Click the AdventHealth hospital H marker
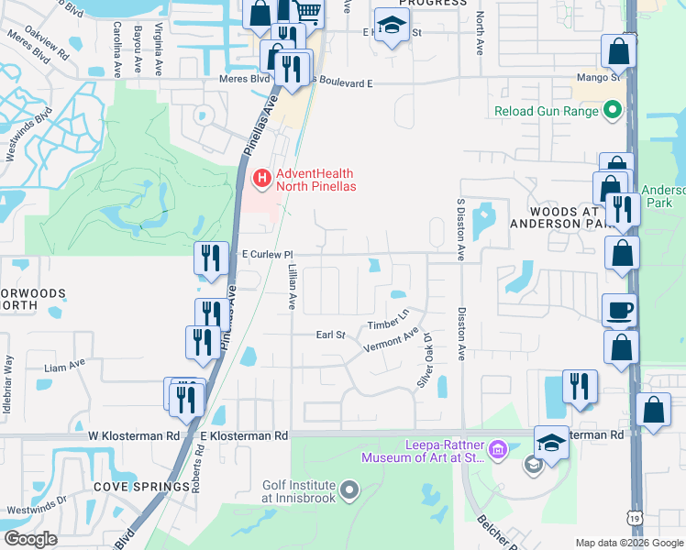click(261, 176)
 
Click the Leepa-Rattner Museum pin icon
click(498, 448)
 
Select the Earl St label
click(330, 335)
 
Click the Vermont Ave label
click(392, 340)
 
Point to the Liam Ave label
click(64, 366)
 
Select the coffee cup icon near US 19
click(620, 310)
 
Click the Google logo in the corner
click(31, 539)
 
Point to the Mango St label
click(603, 79)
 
